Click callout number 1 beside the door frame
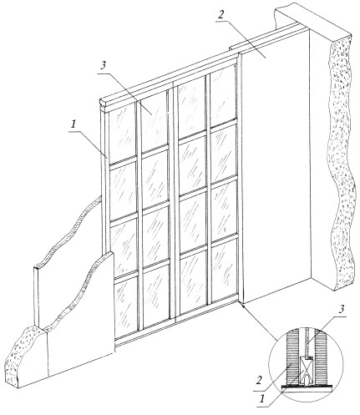coord(74,124)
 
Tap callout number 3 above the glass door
coord(103,65)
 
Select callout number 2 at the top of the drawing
coord(221,14)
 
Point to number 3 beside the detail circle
coord(342,309)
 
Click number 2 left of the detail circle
coord(259,380)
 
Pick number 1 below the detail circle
coord(261,399)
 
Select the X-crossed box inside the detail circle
coord(305,366)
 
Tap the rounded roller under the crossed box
coord(305,380)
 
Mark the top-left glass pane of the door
coord(122,134)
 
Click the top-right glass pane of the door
coord(222,96)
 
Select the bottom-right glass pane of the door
coord(224,270)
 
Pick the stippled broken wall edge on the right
coord(341,161)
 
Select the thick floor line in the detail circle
coord(306,387)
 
